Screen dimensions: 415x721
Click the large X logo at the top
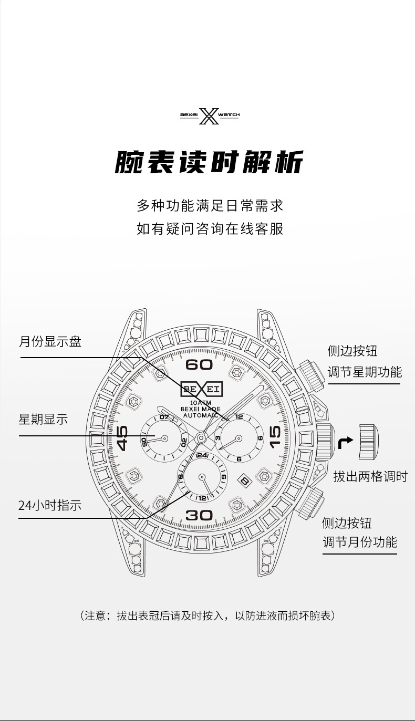(209, 116)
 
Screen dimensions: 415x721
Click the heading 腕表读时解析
(209, 162)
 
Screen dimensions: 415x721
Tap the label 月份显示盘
(50, 342)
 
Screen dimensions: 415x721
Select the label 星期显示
(44, 420)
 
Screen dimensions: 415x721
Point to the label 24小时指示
(50, 505)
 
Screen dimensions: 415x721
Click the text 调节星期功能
(365, 372)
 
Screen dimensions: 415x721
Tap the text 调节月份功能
(360, 542)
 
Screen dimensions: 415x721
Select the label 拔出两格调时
(370, 477)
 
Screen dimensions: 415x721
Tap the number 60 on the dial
(199, 365)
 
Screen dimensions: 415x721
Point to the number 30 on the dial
(199, 515)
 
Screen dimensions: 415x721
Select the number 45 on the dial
(122, 438)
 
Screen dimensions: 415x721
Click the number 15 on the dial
(275, 438)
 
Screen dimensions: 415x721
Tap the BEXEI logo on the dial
(201, 389)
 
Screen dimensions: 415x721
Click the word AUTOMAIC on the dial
(201, 415)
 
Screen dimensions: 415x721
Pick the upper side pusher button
(308, 373)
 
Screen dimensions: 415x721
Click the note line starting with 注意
(207, 615)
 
